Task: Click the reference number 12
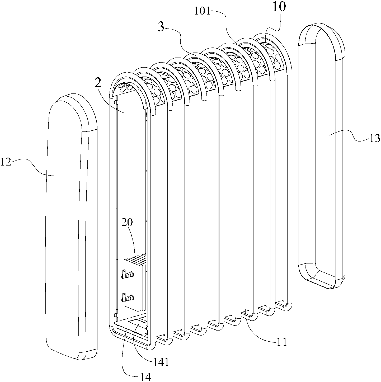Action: (x=6, y=162)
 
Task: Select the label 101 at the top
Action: (x=202, y=11)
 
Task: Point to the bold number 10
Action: (x=279, y=7)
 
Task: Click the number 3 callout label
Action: (x=161, y=27)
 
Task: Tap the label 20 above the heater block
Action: (x=127, y=223)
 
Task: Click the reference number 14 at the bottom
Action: (x=145, y=376)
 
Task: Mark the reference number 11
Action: (x=282, y=342)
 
